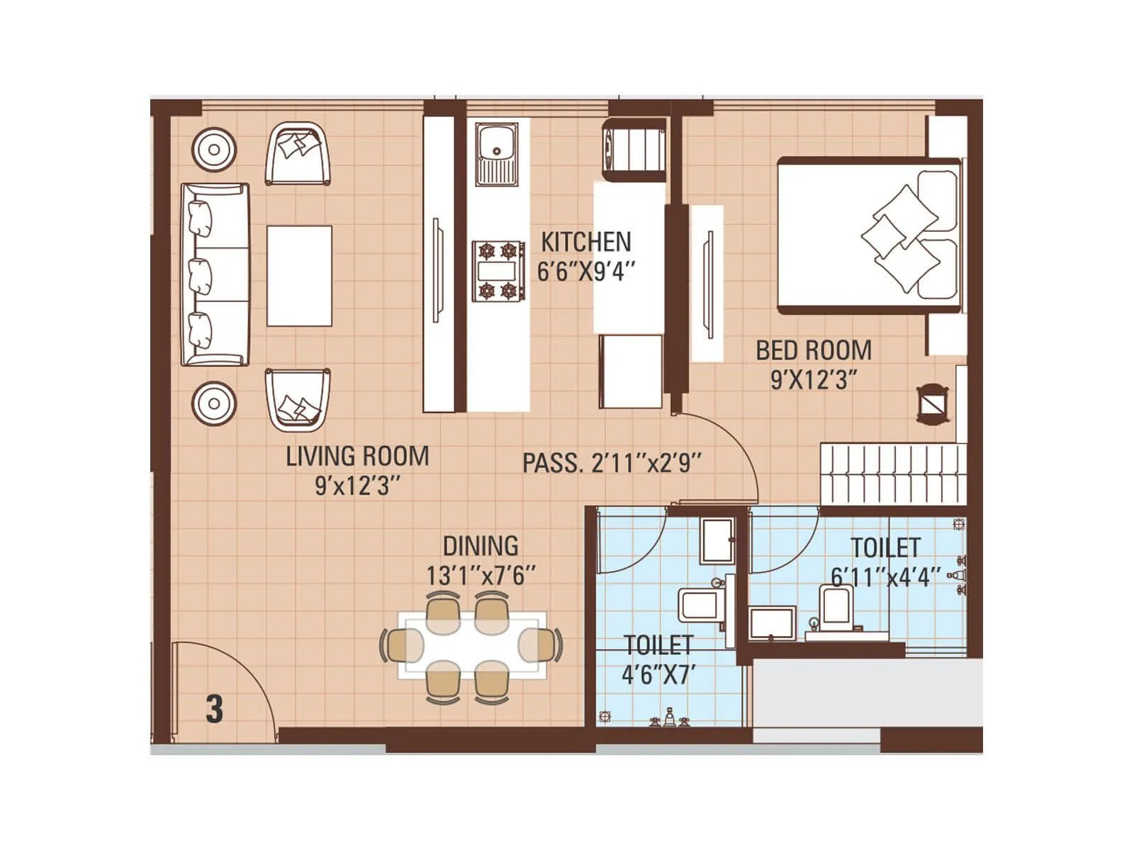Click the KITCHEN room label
585,242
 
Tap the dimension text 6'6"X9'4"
585,272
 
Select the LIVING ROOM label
357,456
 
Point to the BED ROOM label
814,350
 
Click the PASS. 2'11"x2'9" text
612,463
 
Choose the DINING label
481,546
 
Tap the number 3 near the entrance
214,708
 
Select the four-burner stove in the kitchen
498,270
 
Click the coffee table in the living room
299,276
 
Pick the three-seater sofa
214,274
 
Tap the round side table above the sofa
213,150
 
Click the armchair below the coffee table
298,399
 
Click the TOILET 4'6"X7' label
657,660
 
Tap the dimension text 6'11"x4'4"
886,576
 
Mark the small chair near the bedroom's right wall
933,405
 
